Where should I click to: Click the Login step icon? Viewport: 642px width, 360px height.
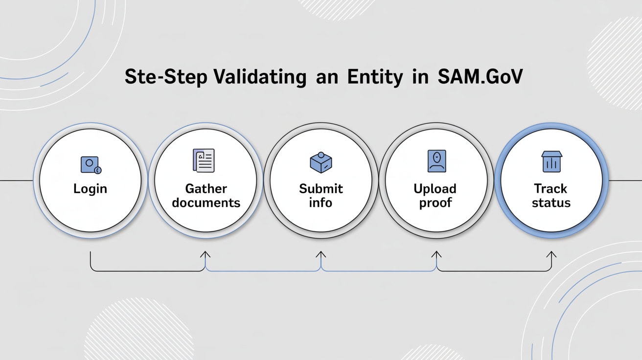90,165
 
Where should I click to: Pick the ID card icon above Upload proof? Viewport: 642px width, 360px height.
436,161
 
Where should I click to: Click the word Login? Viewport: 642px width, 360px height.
90,189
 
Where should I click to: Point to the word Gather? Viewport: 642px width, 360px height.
206,189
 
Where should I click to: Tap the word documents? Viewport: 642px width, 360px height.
206,202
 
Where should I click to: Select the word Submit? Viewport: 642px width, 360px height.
321,189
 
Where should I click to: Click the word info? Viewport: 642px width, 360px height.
321,202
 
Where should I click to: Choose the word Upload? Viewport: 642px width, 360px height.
435,189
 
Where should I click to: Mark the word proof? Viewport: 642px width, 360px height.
435,202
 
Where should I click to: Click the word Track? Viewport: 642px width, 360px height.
551,189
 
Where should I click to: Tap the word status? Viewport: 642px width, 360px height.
551,202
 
